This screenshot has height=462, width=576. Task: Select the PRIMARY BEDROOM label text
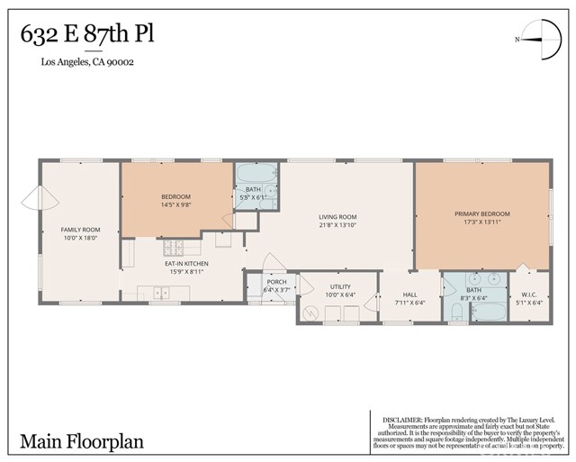point(481,213)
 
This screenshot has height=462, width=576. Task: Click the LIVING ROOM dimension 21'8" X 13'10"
point(337,225)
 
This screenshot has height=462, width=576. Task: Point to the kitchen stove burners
point(174,247)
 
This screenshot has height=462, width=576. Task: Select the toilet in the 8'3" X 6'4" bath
point(455,312)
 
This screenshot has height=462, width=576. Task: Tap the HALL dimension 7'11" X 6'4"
point(409,303)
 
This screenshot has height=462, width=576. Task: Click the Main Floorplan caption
point(81,441)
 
